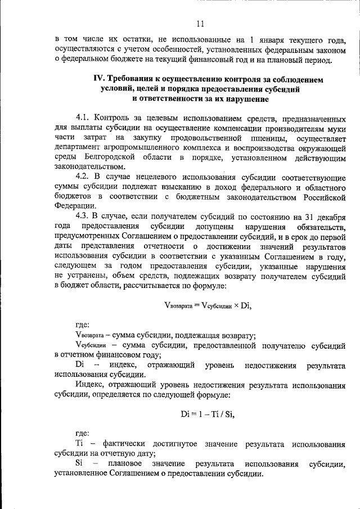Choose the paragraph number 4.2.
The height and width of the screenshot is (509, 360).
83,178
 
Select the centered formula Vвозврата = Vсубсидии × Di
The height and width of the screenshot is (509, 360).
208,306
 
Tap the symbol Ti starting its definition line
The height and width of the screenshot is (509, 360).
79,444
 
